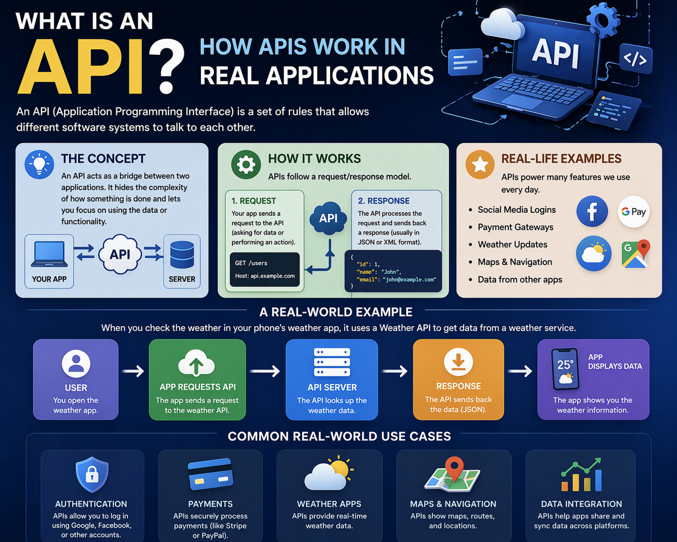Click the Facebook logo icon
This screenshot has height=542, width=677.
coord(592,212)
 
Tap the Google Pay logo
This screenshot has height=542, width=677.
coord(634,212)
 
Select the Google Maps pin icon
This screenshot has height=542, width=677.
coord(635,254)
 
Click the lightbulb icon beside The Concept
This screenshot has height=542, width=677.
coord(39,165)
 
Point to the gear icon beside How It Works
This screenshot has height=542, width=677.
coord(246,165)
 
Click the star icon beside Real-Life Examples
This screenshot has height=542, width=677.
coord(480,165)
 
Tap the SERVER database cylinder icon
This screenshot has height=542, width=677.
coord(182,255)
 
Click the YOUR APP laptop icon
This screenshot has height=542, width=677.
coord(49,254)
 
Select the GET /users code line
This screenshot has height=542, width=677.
coord(251,263)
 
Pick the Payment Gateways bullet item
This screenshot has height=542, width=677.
coord(515,227)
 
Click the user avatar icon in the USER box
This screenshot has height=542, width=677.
coord(76,363)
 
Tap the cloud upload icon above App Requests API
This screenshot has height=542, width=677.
coord(197,363)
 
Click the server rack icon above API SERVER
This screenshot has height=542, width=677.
coord(332,362)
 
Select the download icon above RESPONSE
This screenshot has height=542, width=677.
coord(458,362)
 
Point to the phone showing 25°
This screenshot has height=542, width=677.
coord(565,369)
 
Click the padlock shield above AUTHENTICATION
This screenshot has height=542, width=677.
coord(92,474)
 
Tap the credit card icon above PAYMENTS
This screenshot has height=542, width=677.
coord(210,474)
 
